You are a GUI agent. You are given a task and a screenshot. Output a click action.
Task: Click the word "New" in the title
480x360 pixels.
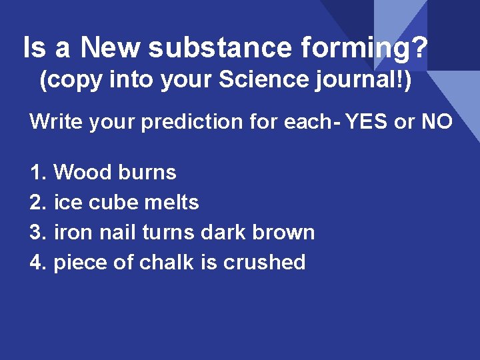click(x=111, y=48)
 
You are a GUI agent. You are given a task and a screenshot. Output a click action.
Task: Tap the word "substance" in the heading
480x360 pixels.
click(x=219, y=48)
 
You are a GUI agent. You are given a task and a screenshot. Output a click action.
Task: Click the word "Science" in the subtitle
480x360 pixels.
click(x=259, y=81)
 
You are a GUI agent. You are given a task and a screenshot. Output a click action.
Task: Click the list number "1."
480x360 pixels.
click(x=39, y=173)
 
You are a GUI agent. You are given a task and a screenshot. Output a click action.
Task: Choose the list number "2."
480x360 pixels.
click(x=39, y=202)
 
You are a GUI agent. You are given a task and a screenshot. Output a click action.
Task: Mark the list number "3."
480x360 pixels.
click(x=39, y=232)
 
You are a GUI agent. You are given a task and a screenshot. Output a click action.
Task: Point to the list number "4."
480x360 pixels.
click(x=39, y=262)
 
